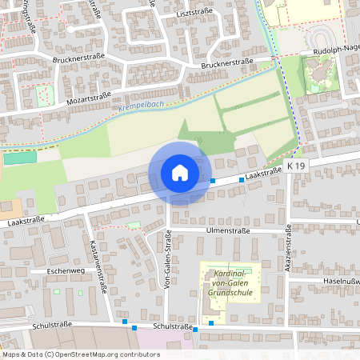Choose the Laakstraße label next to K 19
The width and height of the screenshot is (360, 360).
click(x=263, y=172)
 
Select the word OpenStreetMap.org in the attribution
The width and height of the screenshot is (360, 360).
click(x=99, y=354)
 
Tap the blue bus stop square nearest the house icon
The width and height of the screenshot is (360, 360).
click(x=213, y=181)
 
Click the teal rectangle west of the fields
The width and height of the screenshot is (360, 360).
click(x=14, y=158)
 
